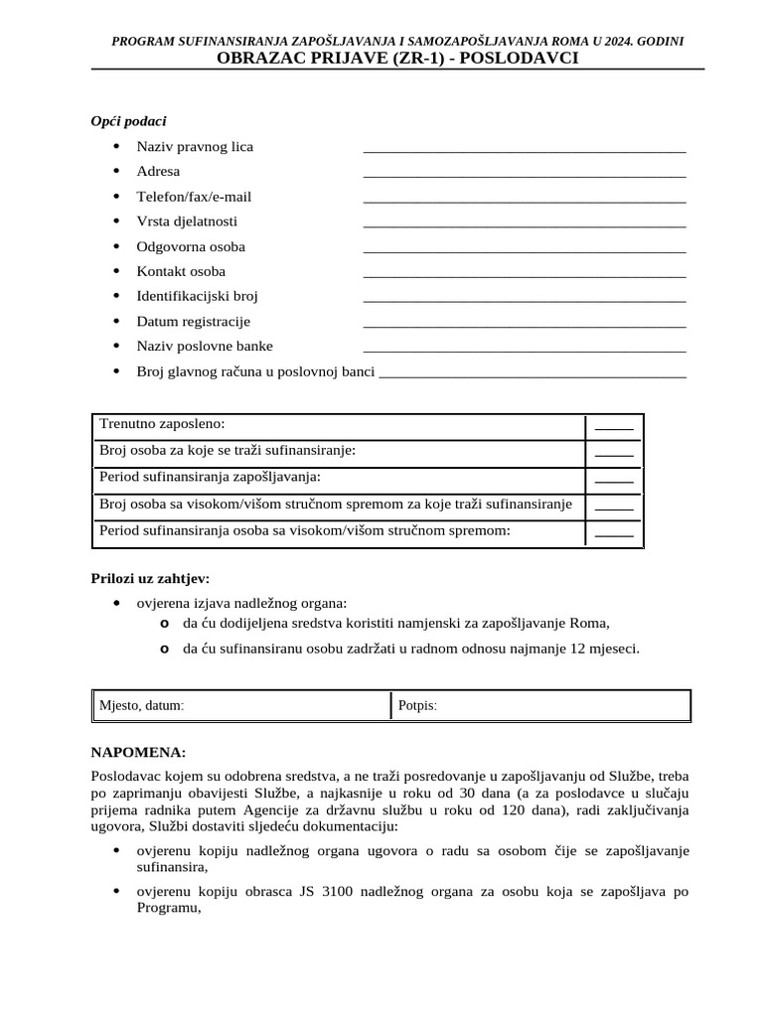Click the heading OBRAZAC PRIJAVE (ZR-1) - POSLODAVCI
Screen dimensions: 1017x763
[397, 58]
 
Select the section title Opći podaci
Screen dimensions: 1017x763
[129, 120]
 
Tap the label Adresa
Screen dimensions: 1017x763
[159, 171]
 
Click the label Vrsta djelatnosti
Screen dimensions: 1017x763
[187, 221]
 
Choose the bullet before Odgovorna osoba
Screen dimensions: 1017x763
[116, 246]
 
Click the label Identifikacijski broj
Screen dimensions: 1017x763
[198, 296]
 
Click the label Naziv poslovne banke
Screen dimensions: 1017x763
[205, 346]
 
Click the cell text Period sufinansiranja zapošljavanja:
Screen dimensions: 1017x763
[210, 477]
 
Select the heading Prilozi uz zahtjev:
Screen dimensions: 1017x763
[150, 578]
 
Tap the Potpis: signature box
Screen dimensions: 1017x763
[540, 706]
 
